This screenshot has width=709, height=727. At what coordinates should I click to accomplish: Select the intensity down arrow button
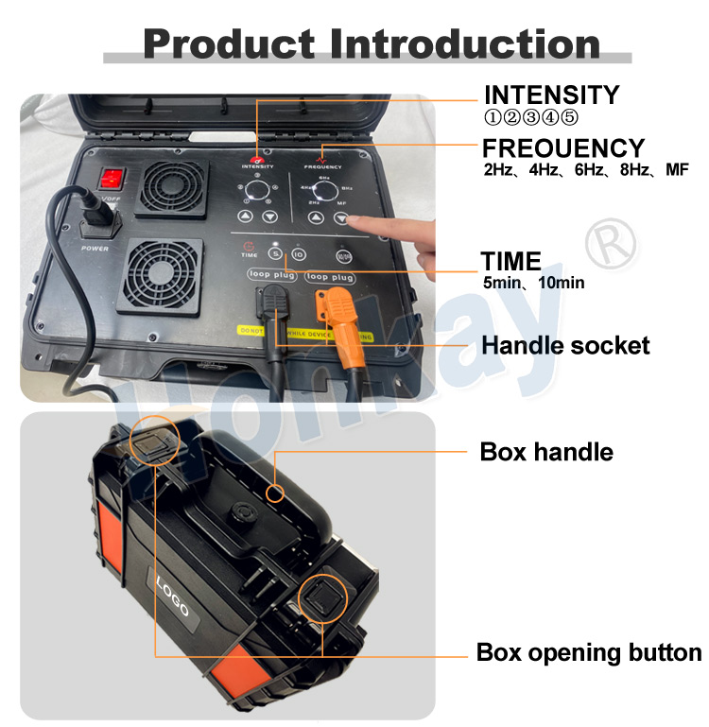click(x=270, y=216)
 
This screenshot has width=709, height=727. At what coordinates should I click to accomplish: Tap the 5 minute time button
click(x=275, y=253)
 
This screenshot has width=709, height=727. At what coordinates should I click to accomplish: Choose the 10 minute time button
click(x=299, y=254)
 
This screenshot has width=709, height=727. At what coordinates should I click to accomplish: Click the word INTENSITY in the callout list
click(x=551, y=95)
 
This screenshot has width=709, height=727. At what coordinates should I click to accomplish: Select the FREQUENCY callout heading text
click(x=563, y=148)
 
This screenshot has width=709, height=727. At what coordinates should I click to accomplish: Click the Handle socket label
click(x=565, y=346)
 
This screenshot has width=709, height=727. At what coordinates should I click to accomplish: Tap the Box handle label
click(x=546, y=452)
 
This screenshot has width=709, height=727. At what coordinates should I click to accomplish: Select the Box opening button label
click(x=588, y=653)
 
